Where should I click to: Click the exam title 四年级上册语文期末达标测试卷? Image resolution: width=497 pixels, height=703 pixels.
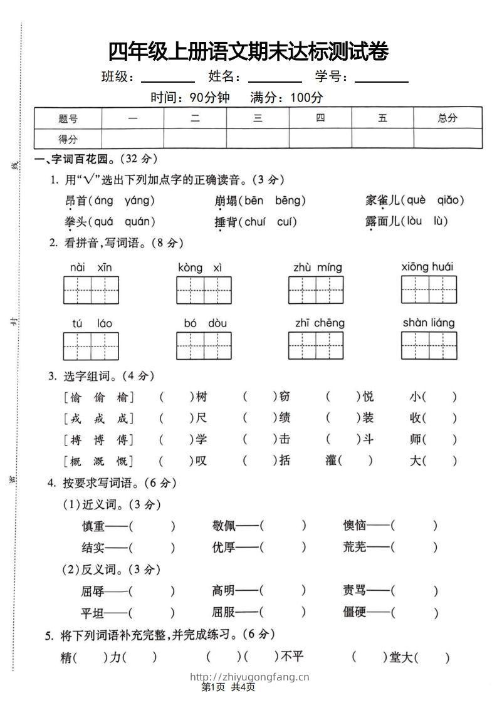click(x=248, y=51)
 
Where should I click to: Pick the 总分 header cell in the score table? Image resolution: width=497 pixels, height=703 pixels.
click(x=447, y=118)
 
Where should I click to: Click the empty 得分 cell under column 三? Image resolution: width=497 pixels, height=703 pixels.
click(x=258, y=138)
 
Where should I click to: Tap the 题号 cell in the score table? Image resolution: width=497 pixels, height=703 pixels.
click(x=68, y=118)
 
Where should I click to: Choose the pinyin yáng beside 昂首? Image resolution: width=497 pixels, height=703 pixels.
click(x=140, y=200)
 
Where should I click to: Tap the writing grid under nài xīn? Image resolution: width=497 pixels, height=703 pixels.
click(x=91, y=289)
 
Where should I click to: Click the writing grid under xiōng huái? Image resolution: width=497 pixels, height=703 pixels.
click(x=429, y=289)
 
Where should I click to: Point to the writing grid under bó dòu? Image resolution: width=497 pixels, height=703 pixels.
click(x=204, y=345)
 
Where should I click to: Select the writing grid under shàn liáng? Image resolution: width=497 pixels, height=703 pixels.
click(x=429, y=345)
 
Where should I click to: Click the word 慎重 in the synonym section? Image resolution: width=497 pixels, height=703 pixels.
click(x=93, y=526)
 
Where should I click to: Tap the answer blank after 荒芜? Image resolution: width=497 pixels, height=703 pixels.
click(x=414, y=547)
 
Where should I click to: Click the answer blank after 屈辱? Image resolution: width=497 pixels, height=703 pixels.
click(x=152, y=591)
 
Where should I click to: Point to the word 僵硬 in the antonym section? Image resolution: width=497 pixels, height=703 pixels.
click(x=354, y=612)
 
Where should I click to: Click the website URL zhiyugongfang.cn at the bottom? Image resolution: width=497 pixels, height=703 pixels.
click(x=249, y=677)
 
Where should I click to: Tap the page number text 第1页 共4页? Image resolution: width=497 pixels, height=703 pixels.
click(x=228, y=688)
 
